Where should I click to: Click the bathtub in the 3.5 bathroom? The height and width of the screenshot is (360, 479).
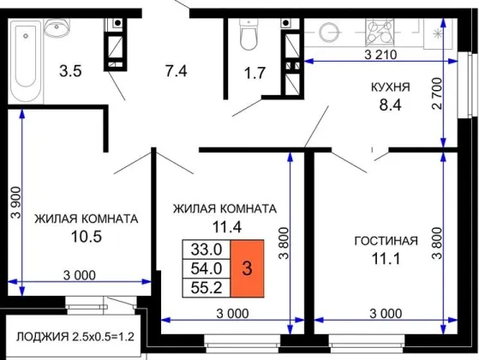(x=27, y=62)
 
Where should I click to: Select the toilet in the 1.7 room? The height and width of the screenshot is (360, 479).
(x=249, y=34)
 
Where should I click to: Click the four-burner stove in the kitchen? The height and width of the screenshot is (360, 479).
(x=380, y=32)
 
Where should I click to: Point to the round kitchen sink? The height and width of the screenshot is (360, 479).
(x=329, y=32)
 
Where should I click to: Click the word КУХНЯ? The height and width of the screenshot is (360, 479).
(x=390, y=87)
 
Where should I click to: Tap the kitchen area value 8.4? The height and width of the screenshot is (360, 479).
(x=390, y=105)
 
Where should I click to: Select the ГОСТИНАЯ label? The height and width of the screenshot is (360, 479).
(x=386, y=241)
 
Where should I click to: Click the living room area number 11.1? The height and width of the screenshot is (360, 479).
(x=386, y=259)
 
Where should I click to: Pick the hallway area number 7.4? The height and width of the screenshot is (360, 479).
(x=177, y=71)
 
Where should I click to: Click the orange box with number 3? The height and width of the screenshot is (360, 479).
(x=247, y=268)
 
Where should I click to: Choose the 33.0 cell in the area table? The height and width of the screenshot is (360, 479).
(x=207, y=249)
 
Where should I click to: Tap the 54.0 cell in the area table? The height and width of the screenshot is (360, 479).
(x=207, y=268)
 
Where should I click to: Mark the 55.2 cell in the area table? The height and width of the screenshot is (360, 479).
(x=207, y=288)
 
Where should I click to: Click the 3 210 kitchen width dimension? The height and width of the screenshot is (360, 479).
(x=380, y=55)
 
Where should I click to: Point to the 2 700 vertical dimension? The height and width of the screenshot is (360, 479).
(x=438, y=93)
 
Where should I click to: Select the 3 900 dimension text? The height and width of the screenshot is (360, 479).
(x=16, y=202)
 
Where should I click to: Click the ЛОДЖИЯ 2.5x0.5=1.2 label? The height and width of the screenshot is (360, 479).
(x=75, y=337)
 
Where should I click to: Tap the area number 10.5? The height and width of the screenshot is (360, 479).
(x=87, y=237)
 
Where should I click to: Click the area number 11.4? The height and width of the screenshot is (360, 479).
(x=227, y=227)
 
